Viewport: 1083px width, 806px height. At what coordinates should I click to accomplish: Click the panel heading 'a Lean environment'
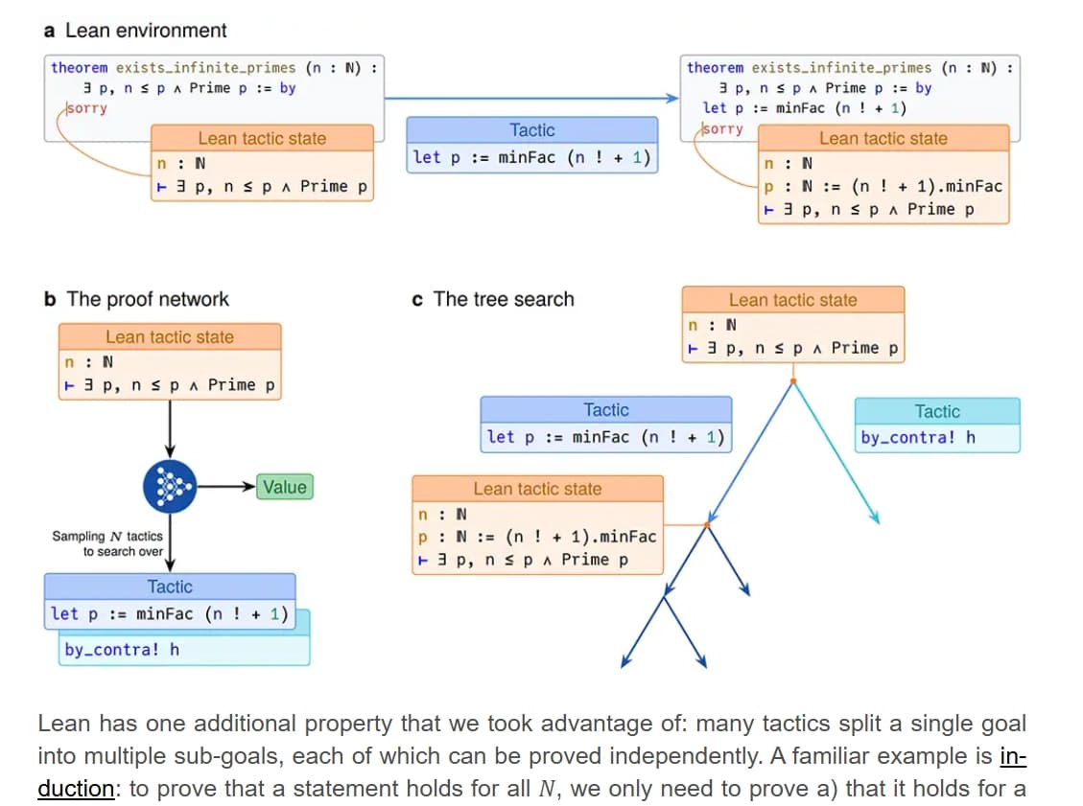pyautogui.click(x=135, y=30)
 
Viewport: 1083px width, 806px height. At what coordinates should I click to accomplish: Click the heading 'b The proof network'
pyautogui.click(x=136, y=299)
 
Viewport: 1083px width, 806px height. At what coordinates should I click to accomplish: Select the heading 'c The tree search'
pyautogui.click(x=492, y=299)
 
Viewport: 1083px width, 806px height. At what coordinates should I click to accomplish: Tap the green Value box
pyautogui.click(x=284, y=487)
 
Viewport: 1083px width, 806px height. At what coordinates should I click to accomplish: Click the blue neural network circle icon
pyautogui.click(x=169, y=487)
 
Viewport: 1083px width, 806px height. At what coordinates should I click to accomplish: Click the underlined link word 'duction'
pyautogui.click(x=76, y=788)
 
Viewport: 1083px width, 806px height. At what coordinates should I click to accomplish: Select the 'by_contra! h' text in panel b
pyautogui.click(x=122, y=650)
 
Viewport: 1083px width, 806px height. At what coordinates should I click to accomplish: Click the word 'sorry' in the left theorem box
pyautogui.click(x=85, y=107)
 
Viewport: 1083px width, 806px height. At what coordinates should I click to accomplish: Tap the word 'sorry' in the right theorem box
pyautogui.click(x=722, y=128)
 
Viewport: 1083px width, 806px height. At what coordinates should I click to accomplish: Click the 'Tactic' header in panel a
pyautogui.click(x=531, y=130)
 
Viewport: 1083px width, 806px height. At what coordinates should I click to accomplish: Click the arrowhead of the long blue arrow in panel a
pyautogui.click(x=673, y=98)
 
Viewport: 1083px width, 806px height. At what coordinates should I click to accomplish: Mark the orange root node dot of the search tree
pyautogui.click(x=792, y=381)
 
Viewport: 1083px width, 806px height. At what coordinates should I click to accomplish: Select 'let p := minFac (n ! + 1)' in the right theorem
pyautogui.click(x=805, y=107)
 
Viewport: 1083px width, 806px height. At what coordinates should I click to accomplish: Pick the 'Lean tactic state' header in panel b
pyautogui.click(x=169, y=336)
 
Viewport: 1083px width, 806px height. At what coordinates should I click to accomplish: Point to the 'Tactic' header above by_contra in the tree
pyautogui.click(x=936, y=412)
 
